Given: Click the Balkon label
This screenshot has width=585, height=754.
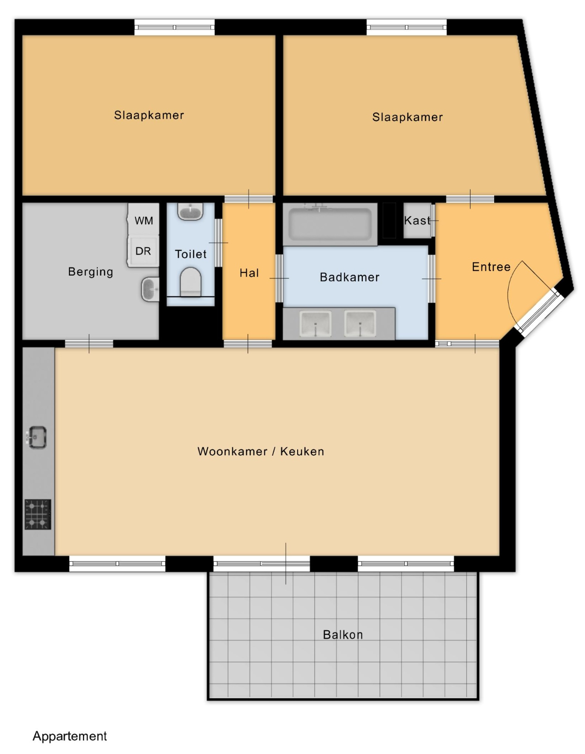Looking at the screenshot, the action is pyautogui.click(x=342, y=635).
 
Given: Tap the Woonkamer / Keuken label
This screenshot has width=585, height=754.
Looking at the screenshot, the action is pyautogui.click(x=260, y=451).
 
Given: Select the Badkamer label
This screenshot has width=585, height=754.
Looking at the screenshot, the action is pyautogui.click(x=349, y=277).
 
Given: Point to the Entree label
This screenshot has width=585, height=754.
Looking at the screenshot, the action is pyautogui.click(x=491, y=267).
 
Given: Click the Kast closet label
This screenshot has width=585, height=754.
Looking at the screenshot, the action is pyautogui.click(x=417, y=220).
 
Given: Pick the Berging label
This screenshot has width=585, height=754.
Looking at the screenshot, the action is pyautogui.click(x=91, y=272).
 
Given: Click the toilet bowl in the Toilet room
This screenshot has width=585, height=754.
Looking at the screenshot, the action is pyautogui.click(x=190, y=282).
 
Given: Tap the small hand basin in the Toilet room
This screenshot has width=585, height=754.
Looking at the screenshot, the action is pyautogui.click(x=190, y=211).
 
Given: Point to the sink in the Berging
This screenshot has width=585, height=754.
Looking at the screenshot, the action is pyautogui.click(x=150, y=289).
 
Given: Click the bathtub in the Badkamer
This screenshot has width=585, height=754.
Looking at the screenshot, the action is pyautogui.click(x=330, y=224).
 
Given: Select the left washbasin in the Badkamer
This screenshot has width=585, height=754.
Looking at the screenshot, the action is pyautogui.click(x=315, y=323).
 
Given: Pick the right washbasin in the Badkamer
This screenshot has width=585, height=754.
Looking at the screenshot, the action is pyautogui.click(x=360, y=323).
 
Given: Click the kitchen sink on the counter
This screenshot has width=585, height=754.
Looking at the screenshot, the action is pyautogui.click(x=36, y=437).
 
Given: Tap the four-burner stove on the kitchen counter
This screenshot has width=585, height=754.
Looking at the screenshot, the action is pyautogui.click(x=38, y=514).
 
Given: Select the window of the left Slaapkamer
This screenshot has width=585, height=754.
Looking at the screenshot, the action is pyautogui.click(x=174, y=27).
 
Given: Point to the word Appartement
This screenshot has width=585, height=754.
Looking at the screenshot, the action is pyautogui.click(x=70, y=736).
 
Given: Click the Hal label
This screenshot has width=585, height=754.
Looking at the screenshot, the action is pyautogui.click(x=249, y=273).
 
